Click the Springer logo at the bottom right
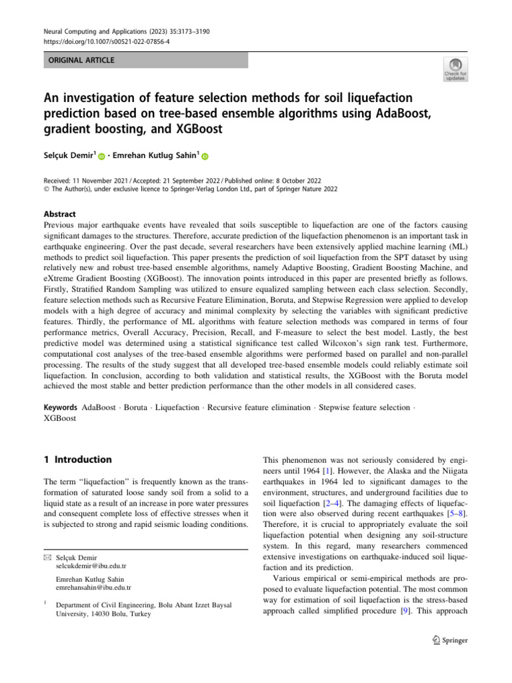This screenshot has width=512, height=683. (x=449, y=640)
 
